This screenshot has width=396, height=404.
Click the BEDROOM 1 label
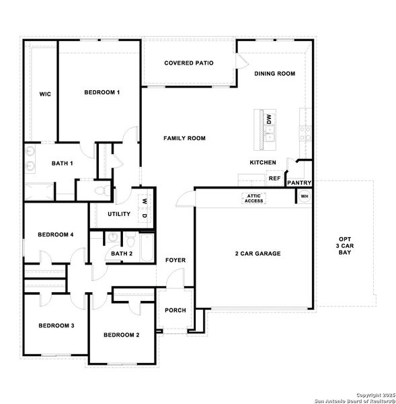pos(102,92)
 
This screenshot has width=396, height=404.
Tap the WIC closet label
pos(45,94)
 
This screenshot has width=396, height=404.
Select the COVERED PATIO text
pos(189,63)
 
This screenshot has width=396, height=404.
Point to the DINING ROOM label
pos(274,73)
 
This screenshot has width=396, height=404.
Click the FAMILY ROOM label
pos(184,138)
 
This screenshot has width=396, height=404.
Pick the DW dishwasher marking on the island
pos(269,119)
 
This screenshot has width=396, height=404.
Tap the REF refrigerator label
pos(274,178)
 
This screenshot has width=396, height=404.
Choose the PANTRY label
pos(298,182)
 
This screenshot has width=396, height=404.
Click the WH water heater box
pos(304,196)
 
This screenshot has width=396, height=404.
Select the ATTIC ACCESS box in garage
pos(253,198)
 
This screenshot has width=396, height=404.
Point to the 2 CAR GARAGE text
pos(258,254)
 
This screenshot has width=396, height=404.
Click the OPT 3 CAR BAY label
pos(344,245)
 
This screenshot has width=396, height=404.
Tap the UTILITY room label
pos(118,213)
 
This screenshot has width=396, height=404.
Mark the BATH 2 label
pos(122,253)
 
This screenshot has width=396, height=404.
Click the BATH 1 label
pos(63,164)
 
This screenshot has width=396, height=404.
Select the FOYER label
pos(175,260)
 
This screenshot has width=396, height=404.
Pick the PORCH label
pos(175,310)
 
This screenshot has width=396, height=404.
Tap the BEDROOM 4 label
pos(55,234)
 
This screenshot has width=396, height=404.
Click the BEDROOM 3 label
pos(56,325)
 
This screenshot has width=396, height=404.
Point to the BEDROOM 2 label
pos(121,335)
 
